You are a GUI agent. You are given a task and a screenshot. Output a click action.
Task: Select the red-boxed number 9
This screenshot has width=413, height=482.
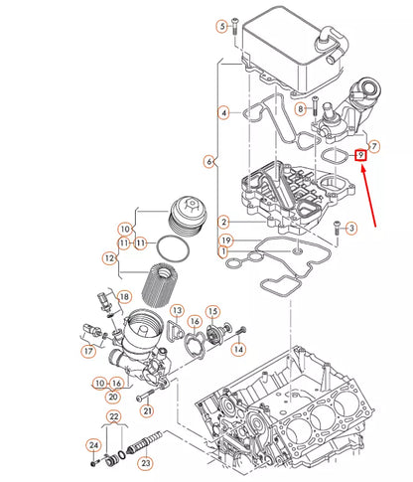click(x=361, y=155)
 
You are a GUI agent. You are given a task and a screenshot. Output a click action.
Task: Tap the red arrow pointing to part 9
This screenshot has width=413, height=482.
click(x=374, y=198)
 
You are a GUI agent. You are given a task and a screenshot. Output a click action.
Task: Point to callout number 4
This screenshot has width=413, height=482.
click(x=224, y=113)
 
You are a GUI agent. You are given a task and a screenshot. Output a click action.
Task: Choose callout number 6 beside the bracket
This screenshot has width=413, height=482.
click(x=208, y=160)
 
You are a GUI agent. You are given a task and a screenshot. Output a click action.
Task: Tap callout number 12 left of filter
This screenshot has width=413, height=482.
click(x=110, y=259)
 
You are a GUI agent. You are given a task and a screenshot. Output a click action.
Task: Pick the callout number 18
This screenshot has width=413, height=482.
click(x=124, y=296)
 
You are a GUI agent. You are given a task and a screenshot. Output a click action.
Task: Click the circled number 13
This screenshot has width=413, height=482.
click(x=176, y=311)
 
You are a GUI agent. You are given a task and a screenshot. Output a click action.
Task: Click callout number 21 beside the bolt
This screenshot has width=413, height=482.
click(x=147, y=410)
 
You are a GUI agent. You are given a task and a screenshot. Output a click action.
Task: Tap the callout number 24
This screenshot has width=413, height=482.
click(x=93, y=445)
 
